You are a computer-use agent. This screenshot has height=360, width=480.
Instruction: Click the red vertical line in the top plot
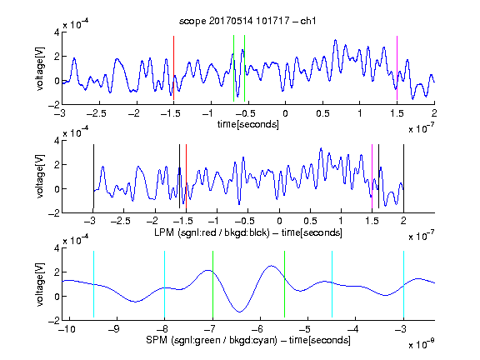point(173,67)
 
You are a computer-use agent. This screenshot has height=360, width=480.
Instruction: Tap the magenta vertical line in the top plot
point(397,67)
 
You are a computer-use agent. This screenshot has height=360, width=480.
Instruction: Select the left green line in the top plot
point(233,68)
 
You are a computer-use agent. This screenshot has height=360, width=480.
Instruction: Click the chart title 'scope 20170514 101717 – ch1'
point(247,21)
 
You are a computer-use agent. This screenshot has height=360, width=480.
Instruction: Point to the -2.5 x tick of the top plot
point(96,113)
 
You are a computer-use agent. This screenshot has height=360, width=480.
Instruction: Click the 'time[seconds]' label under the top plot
point(248,124)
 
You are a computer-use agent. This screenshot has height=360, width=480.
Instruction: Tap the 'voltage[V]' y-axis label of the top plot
point(40,68)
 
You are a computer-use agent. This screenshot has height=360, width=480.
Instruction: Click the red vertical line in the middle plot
point(186,177)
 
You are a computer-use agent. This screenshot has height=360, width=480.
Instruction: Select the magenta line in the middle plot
point(372,177)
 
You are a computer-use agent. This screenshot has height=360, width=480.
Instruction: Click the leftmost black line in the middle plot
point(93,177)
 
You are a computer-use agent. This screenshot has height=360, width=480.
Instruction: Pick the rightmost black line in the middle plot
point(403,177)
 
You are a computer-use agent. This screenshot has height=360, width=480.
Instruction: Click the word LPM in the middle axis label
point(164,232)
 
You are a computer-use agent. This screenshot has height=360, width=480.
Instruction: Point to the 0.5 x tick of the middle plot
point(310,221)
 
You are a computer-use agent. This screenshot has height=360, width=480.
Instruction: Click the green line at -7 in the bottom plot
point(212,284)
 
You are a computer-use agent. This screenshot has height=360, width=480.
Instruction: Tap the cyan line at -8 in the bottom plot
point(164,284)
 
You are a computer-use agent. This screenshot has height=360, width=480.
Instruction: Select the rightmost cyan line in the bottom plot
point(403,284)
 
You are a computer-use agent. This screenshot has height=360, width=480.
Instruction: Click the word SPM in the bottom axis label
point(157,340)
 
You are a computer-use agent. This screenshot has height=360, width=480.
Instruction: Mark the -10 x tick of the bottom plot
point(68,329)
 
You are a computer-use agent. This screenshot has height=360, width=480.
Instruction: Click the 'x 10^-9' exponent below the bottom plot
point(422,344)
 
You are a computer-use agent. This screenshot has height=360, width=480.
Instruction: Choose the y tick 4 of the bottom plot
point(57,248)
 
